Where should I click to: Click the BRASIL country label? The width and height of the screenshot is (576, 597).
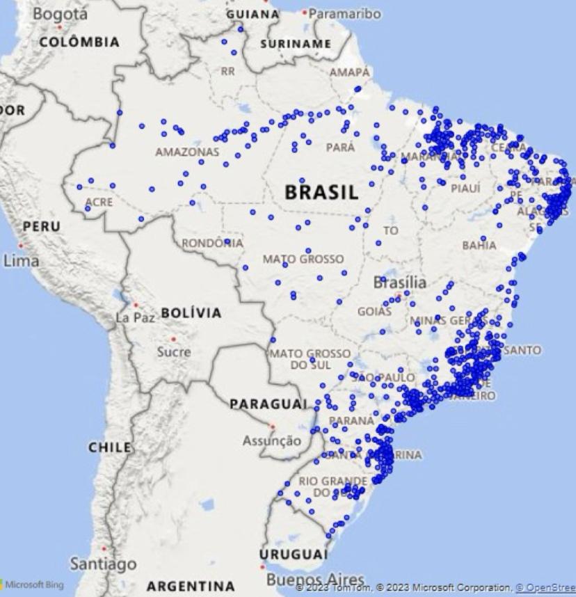click(321, 192)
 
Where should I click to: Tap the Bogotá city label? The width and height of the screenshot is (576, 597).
click(61, 13)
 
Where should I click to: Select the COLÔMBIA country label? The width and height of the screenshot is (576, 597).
click(79, 42)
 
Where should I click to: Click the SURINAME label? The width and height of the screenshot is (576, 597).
click(295, 44)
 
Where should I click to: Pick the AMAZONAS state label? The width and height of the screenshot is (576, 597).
click(186, 151)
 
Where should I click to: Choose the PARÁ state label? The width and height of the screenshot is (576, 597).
click(340, 147)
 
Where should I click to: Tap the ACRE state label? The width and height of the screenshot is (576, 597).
click(97, 202)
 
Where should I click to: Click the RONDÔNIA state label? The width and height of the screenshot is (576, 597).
click(212, 244)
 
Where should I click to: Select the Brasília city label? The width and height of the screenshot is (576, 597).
click(400, 283)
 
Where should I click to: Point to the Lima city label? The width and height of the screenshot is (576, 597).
click(21, 261)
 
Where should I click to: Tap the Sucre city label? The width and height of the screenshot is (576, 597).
click(173, 352)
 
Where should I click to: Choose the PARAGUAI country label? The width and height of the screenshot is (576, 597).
click(268, 404)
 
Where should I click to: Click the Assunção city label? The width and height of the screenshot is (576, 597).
click(272, 440)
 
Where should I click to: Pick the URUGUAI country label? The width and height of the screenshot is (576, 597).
click(292, 554)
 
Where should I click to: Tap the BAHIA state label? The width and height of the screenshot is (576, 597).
click(479, 245)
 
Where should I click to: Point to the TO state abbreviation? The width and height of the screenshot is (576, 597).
click(391, 231)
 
